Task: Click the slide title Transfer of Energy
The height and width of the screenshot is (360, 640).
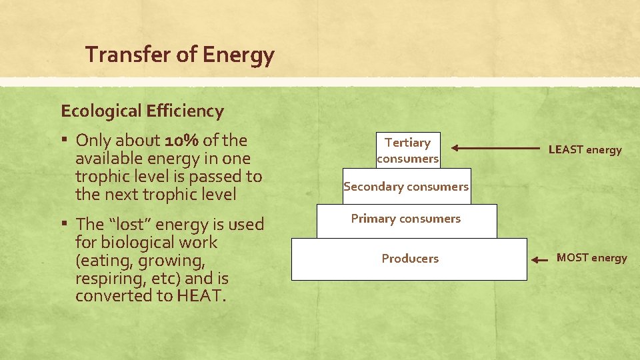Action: [179, 55]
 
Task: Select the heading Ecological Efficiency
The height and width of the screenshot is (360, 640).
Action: [142, 111]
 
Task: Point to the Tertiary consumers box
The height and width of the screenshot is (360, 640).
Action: [407, 150]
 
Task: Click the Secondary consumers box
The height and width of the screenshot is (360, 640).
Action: [406, 187]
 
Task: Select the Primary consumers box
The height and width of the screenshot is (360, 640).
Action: [406, 219]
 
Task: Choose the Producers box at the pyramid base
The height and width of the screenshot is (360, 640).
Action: [409, 259]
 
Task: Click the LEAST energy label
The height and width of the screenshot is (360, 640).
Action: [585, 150]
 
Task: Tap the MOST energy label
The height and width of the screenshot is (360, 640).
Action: [591, 258]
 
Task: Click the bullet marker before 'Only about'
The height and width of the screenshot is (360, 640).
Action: [65, 141]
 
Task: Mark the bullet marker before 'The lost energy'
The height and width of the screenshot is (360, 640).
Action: [65, 224]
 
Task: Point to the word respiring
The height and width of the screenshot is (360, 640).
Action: [106, 278]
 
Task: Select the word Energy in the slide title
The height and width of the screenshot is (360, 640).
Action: [239, 55]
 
